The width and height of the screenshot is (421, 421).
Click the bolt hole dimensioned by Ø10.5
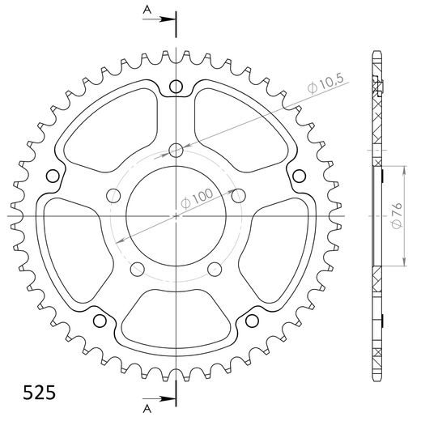(x=176, y=149)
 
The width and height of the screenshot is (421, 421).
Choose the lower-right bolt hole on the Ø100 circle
(x=215, y=270)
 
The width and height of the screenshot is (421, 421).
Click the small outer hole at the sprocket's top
(x=176, y=87)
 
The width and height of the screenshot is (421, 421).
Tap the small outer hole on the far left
(x=53, y=174)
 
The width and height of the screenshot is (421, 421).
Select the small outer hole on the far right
(x=300, y=174)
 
